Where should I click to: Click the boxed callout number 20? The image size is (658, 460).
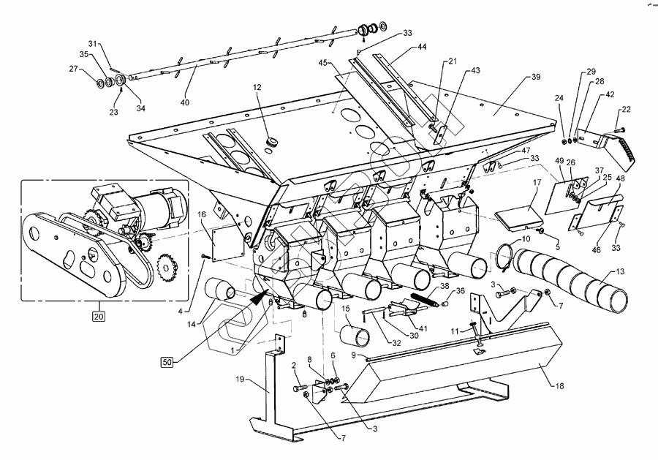click(97, 316)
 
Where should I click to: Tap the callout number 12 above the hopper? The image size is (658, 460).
click(257, 88)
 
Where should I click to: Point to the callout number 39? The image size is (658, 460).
click(535, 76)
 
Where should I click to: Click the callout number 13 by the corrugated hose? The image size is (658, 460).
click(620, 271)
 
